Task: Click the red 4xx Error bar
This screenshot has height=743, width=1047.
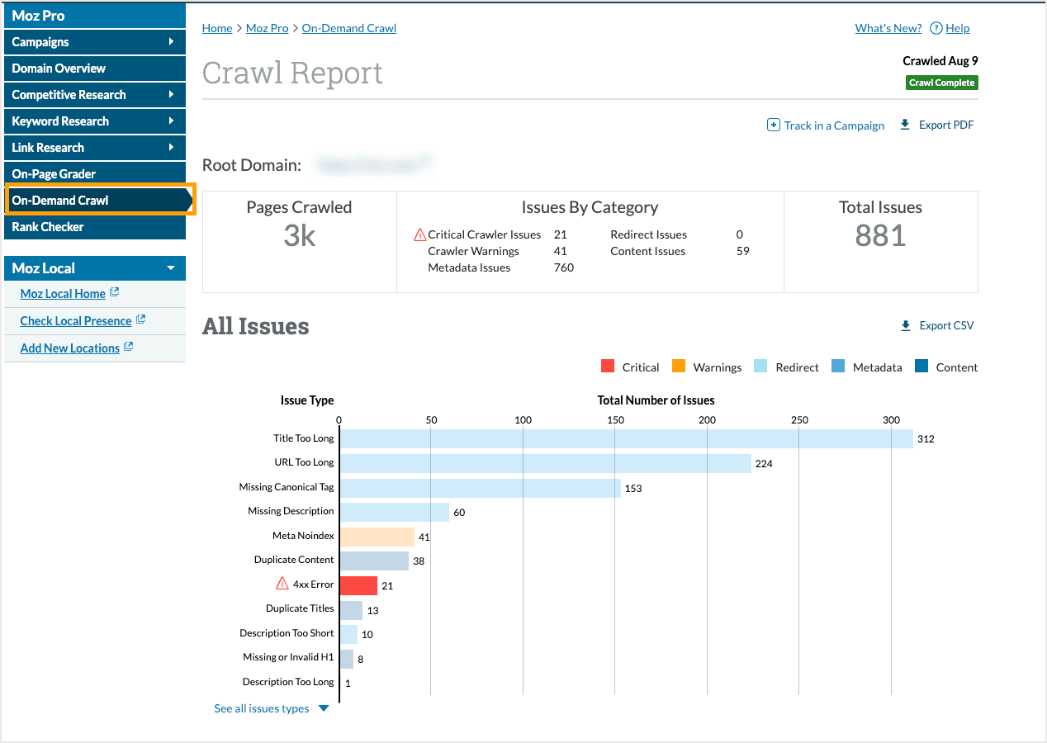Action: [x=358, y=585]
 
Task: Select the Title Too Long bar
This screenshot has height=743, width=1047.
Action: [x=626, y=438]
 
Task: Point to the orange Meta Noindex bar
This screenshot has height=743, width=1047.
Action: [x=377, y=537]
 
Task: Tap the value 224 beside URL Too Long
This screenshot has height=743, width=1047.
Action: [x=764, y=464]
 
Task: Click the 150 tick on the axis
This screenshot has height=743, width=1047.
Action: [x=615, y=420]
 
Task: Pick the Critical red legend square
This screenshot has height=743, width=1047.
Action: [x=608, y=367]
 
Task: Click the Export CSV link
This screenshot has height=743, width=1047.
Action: [x=945, y=325]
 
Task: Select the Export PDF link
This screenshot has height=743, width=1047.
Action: [x=945, y=125]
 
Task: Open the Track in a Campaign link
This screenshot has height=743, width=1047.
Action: [x=833, y=125]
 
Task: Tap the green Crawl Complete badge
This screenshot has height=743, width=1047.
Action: [x=941, y=83]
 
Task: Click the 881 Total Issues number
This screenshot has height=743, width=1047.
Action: [x=880, y=236]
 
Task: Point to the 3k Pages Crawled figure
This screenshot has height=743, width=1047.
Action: [x=299, y=236]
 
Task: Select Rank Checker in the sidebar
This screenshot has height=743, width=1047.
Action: [x=48, y=227]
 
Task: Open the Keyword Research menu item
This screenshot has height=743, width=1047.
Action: [x=60, y=121]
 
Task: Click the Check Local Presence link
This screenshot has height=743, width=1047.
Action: [x=76, y=321]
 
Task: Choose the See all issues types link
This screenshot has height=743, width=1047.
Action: [x=262, y=708]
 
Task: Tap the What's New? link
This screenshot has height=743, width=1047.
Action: [x=888, y=28]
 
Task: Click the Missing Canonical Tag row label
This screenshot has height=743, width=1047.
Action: [x=287, y=487]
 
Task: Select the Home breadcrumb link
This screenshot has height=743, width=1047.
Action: [x=217, y=28]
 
